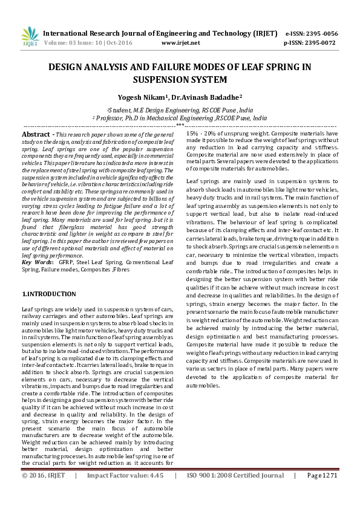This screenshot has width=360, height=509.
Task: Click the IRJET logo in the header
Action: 29,38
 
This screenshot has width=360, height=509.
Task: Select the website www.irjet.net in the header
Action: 181,44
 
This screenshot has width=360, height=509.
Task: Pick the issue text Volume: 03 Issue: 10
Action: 73,44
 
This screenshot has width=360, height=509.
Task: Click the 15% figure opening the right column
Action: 193,132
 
